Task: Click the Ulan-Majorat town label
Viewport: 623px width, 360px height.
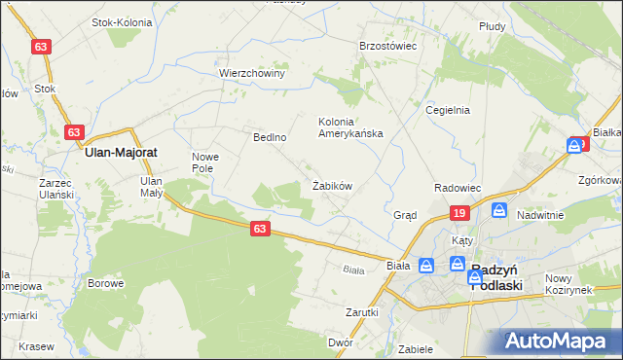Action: [122, 153]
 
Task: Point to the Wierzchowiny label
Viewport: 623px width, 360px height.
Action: [251, 73]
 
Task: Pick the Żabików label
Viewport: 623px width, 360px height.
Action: [331, 185]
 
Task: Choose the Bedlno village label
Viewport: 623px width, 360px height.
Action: [269, 137]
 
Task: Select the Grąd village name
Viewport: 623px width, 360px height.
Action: [405, 215]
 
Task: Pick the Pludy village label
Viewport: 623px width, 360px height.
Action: [493, 27]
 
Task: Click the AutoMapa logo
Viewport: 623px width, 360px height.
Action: [560, 342]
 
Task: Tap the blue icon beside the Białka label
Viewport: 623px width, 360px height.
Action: [577, 146]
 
